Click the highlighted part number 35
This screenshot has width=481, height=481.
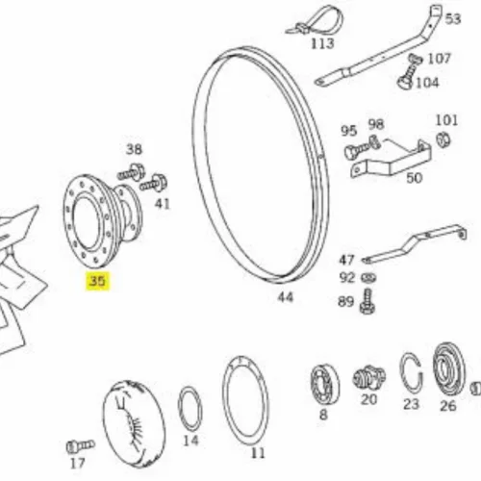coord(97,281)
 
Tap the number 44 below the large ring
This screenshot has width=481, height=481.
coord(286,297)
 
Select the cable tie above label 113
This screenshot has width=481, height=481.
coord(316,21)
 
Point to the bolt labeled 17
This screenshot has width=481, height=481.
coord(81,446)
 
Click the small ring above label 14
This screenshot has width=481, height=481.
coord(190,409)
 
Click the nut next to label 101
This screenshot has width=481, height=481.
coord(443,140)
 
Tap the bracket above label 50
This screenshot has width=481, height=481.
coord(391,161)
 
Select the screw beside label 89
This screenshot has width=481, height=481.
coord(367,301)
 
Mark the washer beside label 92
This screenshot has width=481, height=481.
coord(368,278)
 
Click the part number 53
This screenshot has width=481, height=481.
coord(453,19)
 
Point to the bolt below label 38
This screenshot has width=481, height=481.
coord(131,173)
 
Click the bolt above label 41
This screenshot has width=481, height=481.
coord(153,184)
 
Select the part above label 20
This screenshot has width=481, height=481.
coord(369,378)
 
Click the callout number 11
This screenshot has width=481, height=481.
coord(258,453)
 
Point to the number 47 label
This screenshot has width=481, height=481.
coord(346,260)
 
